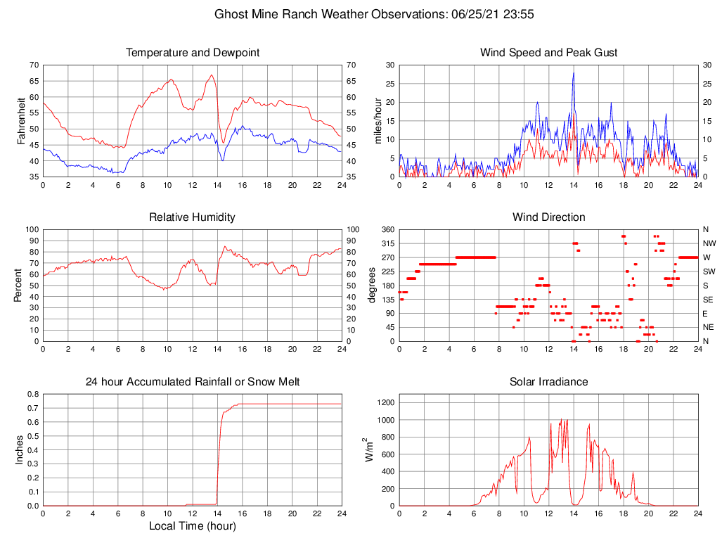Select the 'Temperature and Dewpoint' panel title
coord(192,53)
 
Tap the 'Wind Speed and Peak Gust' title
coord(548,53)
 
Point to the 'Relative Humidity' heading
coord(192,217)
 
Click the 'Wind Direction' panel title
coord(548,217)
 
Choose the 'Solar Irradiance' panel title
coord(548,382)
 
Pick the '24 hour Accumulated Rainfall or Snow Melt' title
coord(192,382)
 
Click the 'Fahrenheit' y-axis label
coord(20,121)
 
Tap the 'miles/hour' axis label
coord(378,121)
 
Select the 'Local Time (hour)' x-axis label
coord(192,526)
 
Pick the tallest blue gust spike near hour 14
coord(573,73)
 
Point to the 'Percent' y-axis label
coord(20,286)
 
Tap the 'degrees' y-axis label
coord(372,286)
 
